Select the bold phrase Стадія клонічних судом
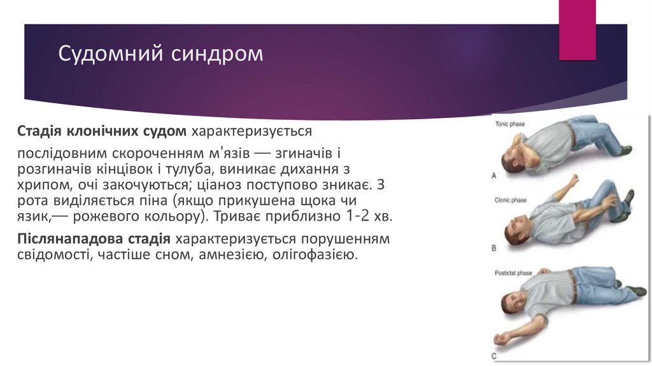[101, 131]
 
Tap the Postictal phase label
[513, 273]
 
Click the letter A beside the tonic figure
[494, 173]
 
